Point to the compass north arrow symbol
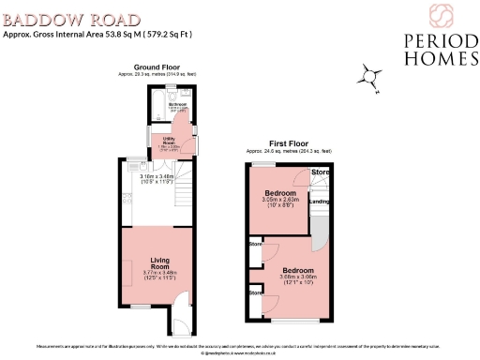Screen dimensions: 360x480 click(372, 80)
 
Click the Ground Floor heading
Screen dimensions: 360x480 click(157, 67)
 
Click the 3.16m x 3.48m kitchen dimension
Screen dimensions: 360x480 click(152, 176)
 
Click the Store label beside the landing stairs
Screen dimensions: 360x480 click(320, 172)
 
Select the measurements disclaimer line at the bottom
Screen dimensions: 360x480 click(240, 347)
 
